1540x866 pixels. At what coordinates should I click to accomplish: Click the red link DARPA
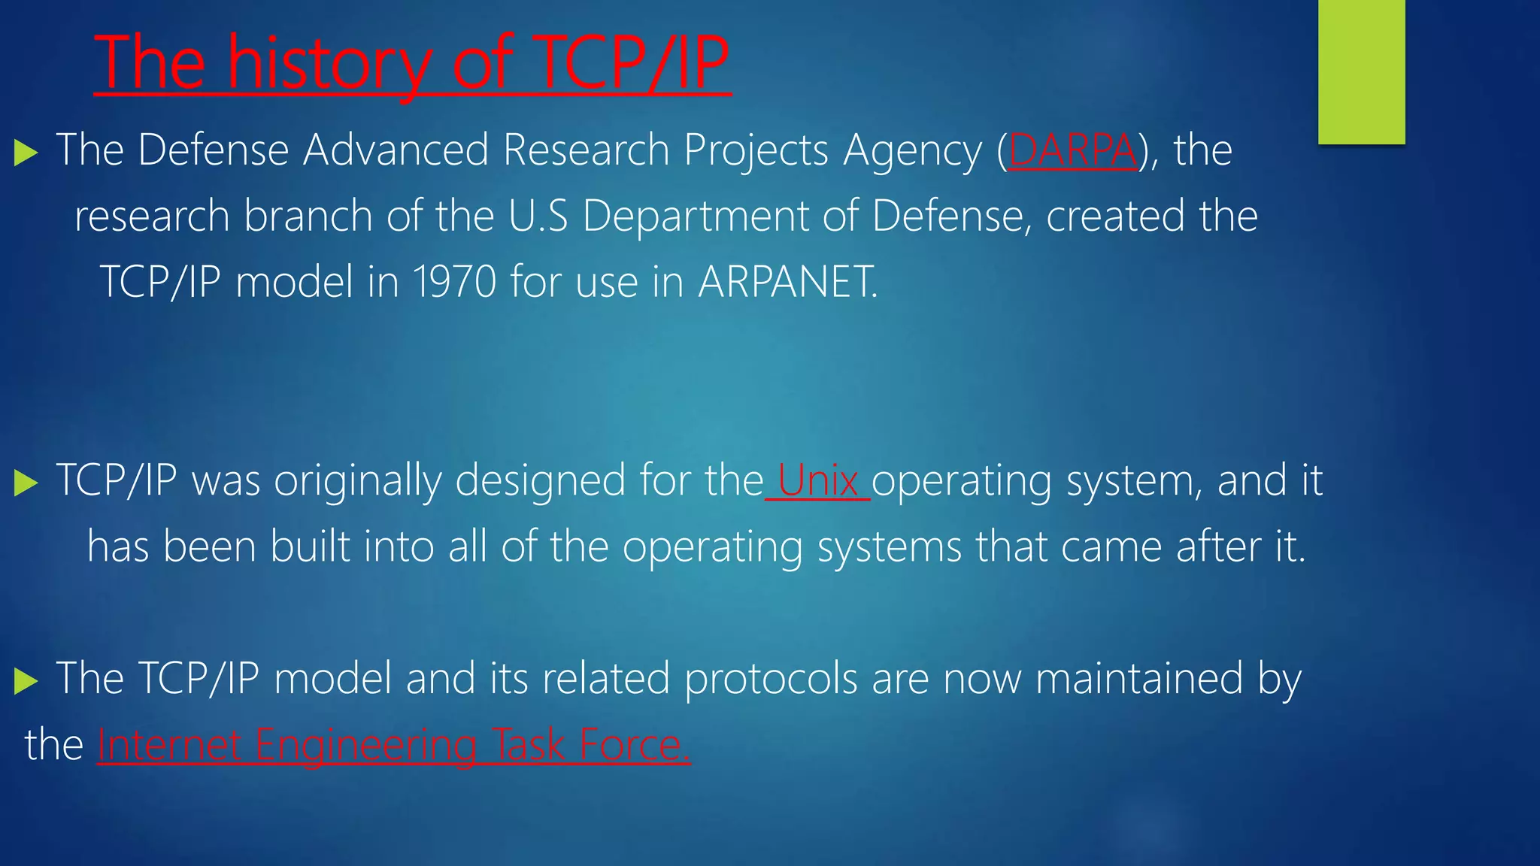[x=1072, y=150]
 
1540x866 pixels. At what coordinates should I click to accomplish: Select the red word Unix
[x=817, y=481]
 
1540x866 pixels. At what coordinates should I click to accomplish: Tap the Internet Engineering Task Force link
[x=393, y=745]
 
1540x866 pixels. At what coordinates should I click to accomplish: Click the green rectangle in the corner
[x=1361, y=71]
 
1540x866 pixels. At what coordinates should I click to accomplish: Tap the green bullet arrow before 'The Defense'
[x=26, y=153]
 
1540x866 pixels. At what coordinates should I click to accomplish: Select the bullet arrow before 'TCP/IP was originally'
[x=26, y=483]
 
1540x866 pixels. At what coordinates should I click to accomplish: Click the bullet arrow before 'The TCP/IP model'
[x=26, y=681]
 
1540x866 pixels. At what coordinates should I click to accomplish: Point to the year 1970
[x=454, y=282]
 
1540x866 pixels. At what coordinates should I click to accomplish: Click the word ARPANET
[x=787, y=282]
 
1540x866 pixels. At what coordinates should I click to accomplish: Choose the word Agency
[x=912, y=150]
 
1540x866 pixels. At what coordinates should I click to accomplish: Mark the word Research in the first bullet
[x=586, y=150]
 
